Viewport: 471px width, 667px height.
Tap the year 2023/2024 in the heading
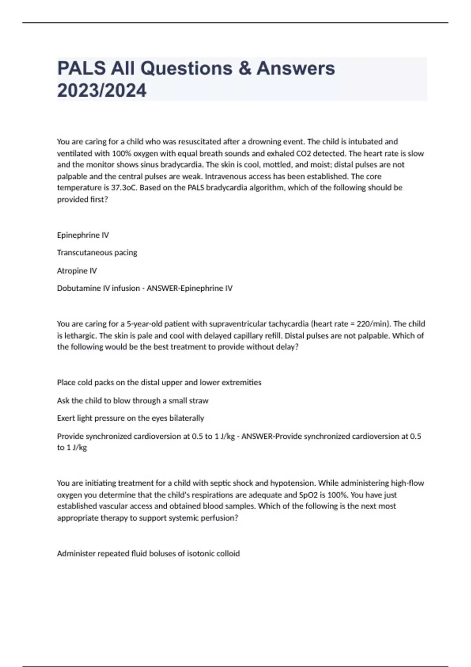tap(102, 91)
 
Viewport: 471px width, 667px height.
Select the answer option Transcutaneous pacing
tap(97, 253)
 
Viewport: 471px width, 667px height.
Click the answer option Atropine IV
tap(77, 271)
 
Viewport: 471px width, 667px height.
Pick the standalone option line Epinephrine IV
tap(83, 235)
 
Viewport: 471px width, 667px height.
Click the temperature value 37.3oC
tap(124, 188)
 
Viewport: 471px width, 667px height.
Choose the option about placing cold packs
tap(159, 383)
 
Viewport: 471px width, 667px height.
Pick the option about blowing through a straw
tap(133, 401)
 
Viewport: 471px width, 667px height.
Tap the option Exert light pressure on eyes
tap(130, 418)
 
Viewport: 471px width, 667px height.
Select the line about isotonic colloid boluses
tap(148, 554)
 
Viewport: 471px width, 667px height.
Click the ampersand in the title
tap(245, 68)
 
